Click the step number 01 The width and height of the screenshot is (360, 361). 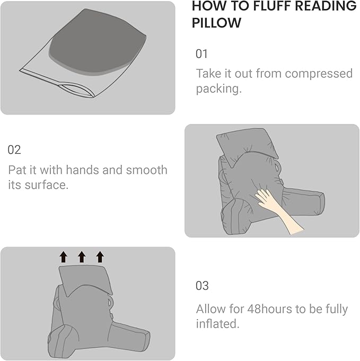coord(202,54)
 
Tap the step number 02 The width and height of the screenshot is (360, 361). coord(14,149)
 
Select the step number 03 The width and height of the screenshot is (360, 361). coord(203,286)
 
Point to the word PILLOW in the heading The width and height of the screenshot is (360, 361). coord(216,23)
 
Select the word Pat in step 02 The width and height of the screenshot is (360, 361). coord(18,170)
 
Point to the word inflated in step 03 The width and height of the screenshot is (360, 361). coord(217,323)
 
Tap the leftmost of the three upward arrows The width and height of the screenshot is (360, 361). coord(63,257)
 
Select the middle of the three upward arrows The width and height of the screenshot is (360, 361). coord(82,257)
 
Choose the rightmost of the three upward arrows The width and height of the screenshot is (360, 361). coord(100,257)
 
